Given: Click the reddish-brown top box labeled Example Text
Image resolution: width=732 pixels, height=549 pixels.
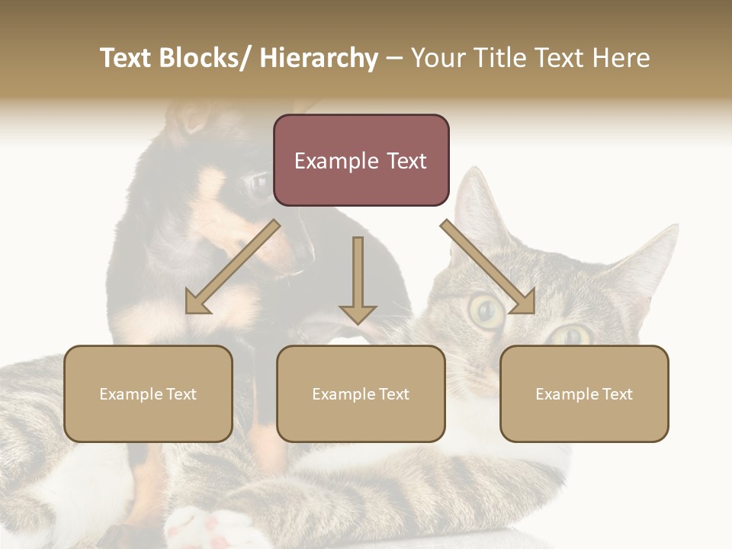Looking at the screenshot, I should coord(361,160).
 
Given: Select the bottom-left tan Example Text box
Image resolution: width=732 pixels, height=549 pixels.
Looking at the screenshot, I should coord(148,393).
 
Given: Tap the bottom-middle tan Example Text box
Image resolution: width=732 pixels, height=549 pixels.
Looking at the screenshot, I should coord(361,393).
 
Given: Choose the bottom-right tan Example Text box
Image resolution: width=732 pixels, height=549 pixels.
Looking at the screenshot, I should coord(584,393).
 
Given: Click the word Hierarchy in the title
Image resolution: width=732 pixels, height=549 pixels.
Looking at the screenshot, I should coord(319,58).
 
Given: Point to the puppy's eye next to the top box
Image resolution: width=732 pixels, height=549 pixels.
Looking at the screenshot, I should coord(258,183).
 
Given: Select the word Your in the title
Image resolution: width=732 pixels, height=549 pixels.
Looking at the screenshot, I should coord(438,58).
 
